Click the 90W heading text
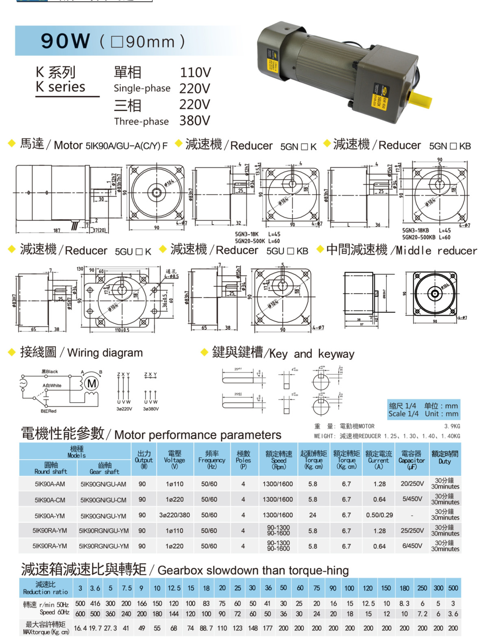pos(65,41)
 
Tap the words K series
pos(60,87)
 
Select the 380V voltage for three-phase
pos(194,121)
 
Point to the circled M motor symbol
pos(92,383)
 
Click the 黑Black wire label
pos(50,371)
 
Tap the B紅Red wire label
pos(48,411)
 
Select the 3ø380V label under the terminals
pos(150,409)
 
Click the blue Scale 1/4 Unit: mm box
pos(423,410)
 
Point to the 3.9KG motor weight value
pos(452,426)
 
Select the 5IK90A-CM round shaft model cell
pos(50,500)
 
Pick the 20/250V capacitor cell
pos(412,484)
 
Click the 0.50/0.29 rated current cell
pos(379,515)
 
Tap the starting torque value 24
pos(312,515)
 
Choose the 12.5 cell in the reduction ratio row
pos(174,588)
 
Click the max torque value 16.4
pos(80,628)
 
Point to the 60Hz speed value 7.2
pos(423,614)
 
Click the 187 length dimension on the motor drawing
pos(57,231)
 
